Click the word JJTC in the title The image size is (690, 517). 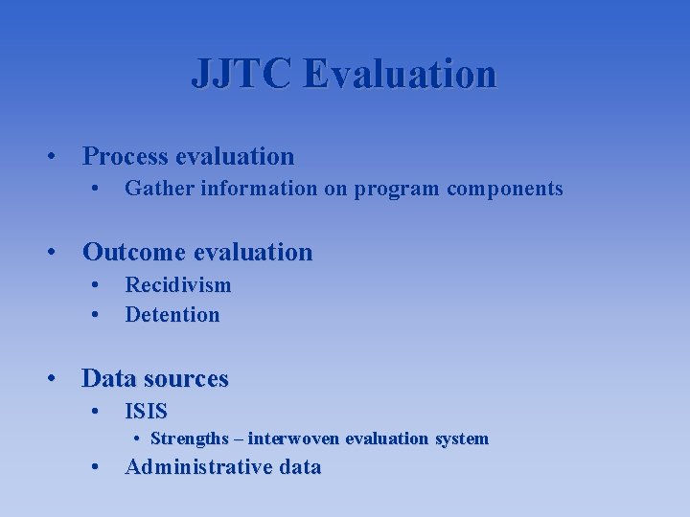pyautogui.click(x=243, y=74)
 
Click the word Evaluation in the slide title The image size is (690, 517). pyautogui.click(x=400, y=74)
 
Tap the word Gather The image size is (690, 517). pyautogui.click(x=153, y=189)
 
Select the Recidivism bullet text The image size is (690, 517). pyautogui.click(x=178, y=285)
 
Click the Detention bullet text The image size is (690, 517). pyautogui.click(x=172, y=315)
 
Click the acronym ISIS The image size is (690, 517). pyautogui.click(x=147, y=413)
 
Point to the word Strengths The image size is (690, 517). pyautogui.click(x=190, y=439)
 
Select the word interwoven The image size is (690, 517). pyautogui.click(x=294, y=439)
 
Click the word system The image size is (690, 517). pyautogui.click(x=461, y=439)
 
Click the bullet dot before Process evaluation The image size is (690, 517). pyautogui.click(x=59, y=157)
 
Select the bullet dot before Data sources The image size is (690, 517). pyautogui.click(x=59, y=380)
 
